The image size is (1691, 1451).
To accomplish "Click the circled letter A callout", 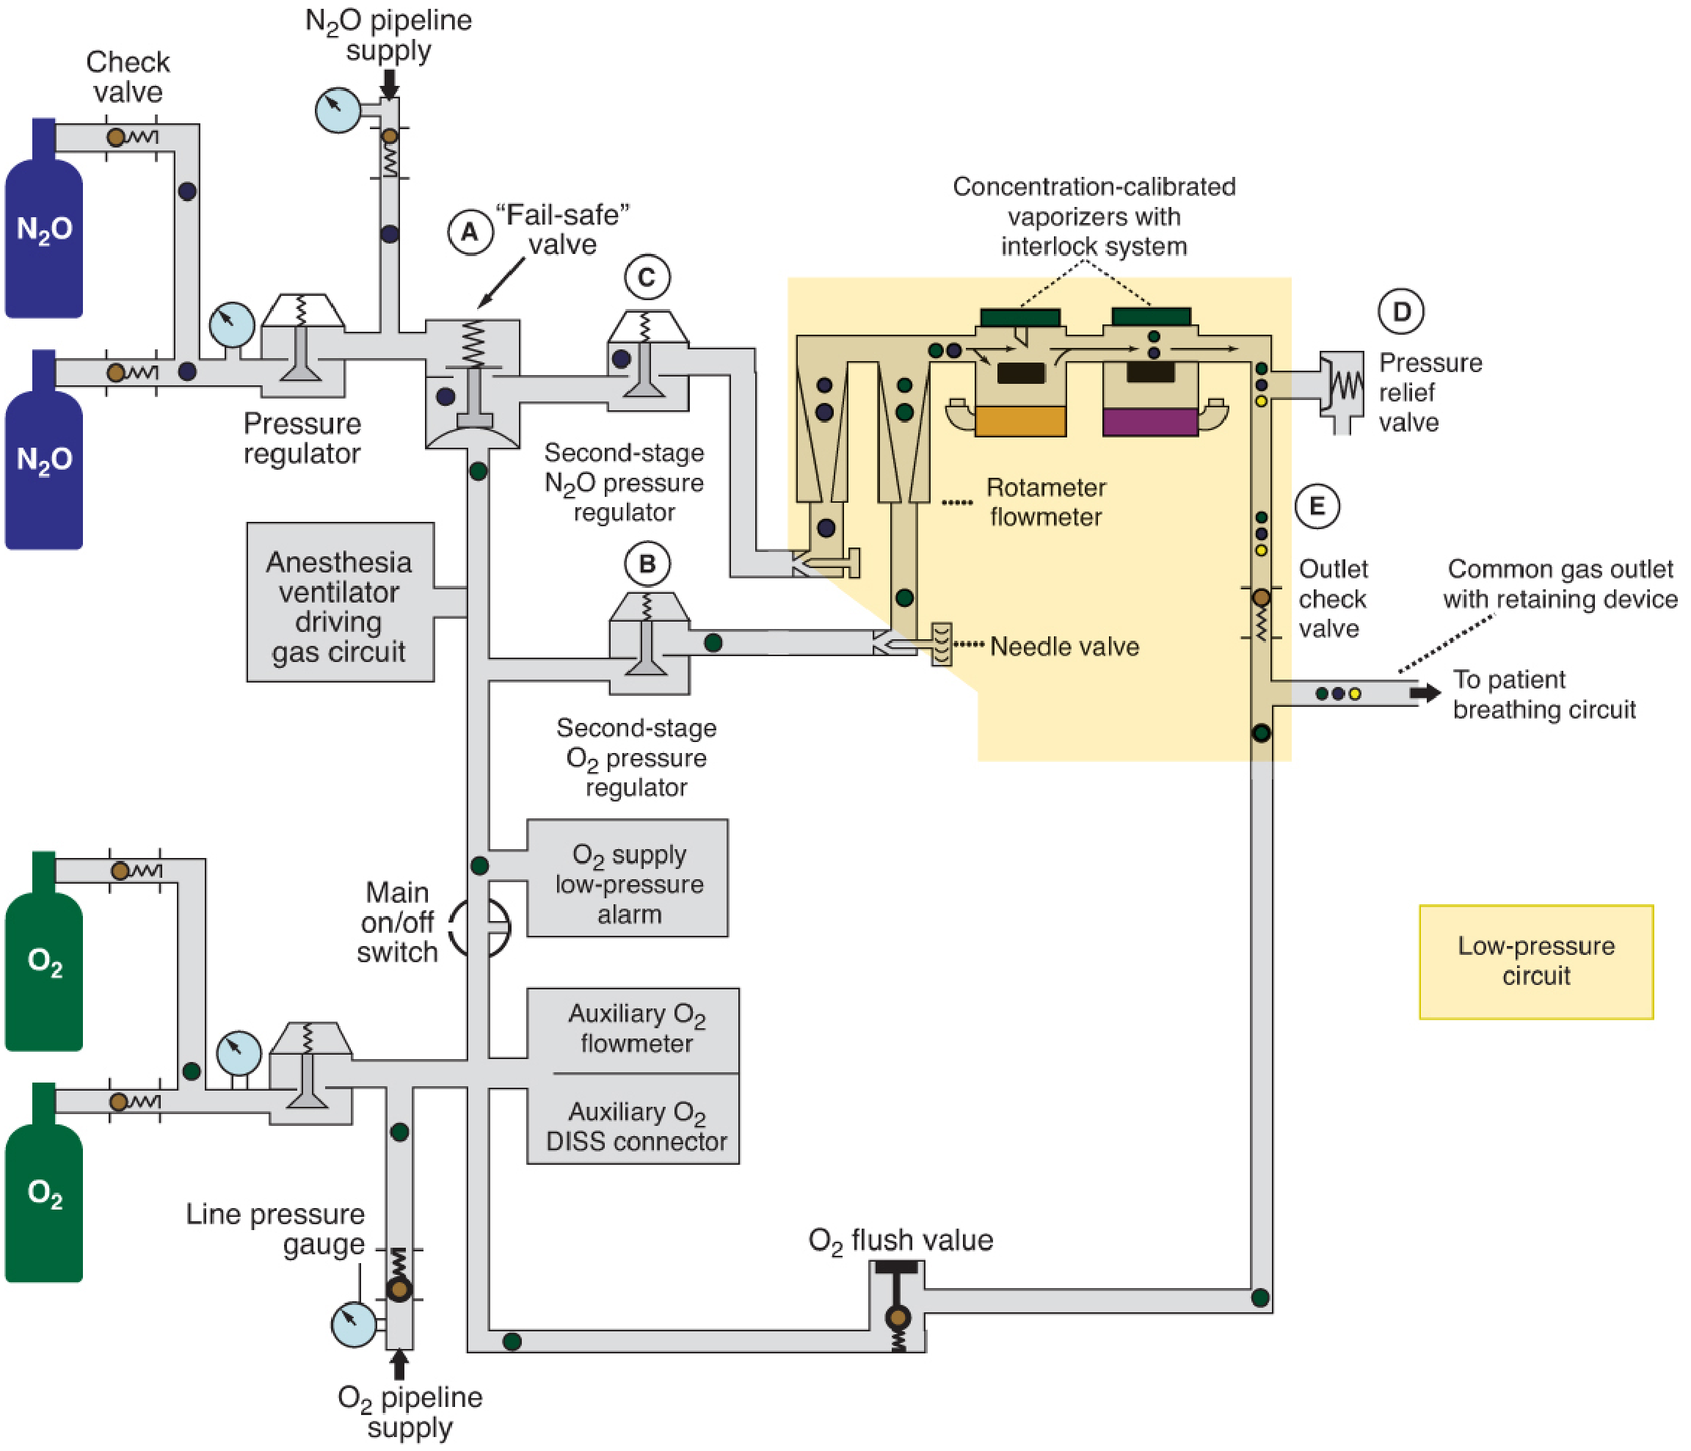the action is (x=470, y=233).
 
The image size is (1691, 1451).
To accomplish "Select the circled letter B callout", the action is (x=647, y=564).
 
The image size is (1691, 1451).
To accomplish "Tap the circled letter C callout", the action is (x=647, y=277).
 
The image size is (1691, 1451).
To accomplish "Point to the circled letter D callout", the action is (x=1401, y=312).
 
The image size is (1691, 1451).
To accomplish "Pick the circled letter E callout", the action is (x=1317, y=506).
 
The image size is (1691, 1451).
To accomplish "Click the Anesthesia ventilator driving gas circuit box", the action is (x=341, y=603).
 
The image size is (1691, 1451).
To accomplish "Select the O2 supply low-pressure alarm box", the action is (x=628, y=878).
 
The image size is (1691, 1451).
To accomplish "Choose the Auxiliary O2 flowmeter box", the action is (x=633, y=1030).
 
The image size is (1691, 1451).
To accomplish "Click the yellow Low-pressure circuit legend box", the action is (x=1536, y=961).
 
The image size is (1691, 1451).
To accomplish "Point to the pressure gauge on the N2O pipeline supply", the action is (x=338, y=110).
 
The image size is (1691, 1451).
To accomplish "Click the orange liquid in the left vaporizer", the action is (x=1020, y=421).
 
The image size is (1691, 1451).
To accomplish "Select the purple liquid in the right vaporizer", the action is (x=1150, y=422).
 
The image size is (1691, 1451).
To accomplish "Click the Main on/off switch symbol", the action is (x=481, y=928).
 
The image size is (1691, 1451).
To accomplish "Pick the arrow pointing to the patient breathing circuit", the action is (x=1425, y=693).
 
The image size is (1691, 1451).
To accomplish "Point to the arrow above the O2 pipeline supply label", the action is (x=399, y=1364).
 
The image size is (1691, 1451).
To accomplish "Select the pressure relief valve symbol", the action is (x=1342, y=390).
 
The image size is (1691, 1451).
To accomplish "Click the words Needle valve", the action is (x=1064, y=647).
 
